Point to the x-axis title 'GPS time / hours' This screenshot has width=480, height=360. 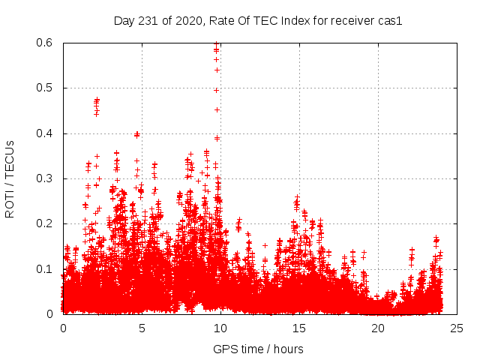258,349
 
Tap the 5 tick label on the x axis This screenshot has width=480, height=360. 142,328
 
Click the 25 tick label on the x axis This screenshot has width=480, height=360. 457,328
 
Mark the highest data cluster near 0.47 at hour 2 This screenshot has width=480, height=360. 97,103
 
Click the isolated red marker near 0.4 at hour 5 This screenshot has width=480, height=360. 136,135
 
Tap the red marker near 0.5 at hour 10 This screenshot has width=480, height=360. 217,90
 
